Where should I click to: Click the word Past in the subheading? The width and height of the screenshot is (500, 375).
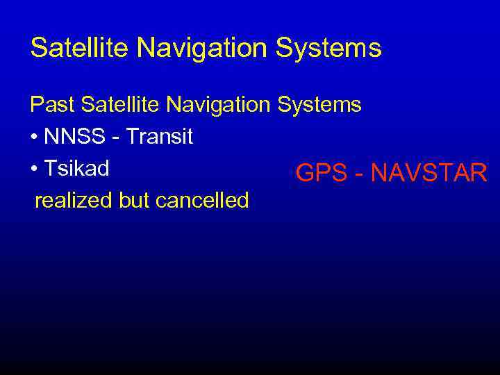pyautogui.click(x=52, y=105)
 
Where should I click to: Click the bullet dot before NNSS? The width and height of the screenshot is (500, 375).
pyautogui.click(x=34, y=137)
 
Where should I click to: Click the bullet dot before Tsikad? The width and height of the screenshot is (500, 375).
pyautogui.click(x=34, y=169)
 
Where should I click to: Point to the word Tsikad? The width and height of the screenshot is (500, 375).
pyautogui.click(x=76, y=169)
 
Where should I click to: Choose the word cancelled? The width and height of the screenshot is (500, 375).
pyautogui.click(x=202, y=201)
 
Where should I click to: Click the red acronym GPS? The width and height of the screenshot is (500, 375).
pyautogui.click(x=320, y=173)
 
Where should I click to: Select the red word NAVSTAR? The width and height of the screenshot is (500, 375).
pyautogui.click(x=428, y=173)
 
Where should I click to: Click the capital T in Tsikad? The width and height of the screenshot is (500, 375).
pyautogui.click(x=49, y=169)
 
